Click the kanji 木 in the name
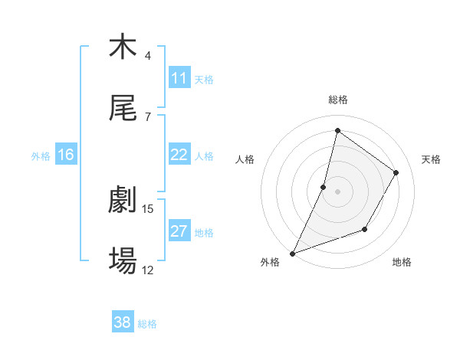pyautogui.click(x=123, y=47)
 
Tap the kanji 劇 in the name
pyautogui.click(x=123, y=201)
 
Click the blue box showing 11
pyautogui.click(x=179, y=78)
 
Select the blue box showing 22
pyautogui.click(x=179, y=155)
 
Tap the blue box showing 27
pyautogui.click(x=179, y=231)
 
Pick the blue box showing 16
pyautogui.click(x=65, y=155)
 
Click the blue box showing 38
pyautogui.click(x=122, y=322)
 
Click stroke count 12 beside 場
pyautogui.click(x=148, y=270)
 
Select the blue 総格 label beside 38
pyautogui.click(x=147, y=323)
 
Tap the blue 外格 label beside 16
pyautogui.click(x=41, y=155)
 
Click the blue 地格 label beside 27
pyautogui.click(x=204, y=232)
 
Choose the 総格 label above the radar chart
pyautogui.click(x=337, y=100)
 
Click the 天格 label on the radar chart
pyautogui.click(x=431, y=159)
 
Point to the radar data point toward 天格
pyautogui.click(x=396, y=173)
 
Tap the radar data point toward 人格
pyautogui.click(x=324, y=187)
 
